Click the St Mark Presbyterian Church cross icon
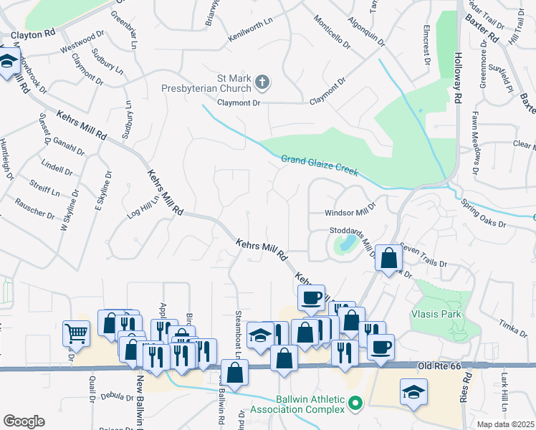point(262,82)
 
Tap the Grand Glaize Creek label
point(319,164)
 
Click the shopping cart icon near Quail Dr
point(76,333)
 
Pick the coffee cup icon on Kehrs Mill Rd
point(311,297)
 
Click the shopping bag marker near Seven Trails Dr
point(388,257)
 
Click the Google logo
point(24,421)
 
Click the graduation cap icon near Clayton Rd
point(8,63)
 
